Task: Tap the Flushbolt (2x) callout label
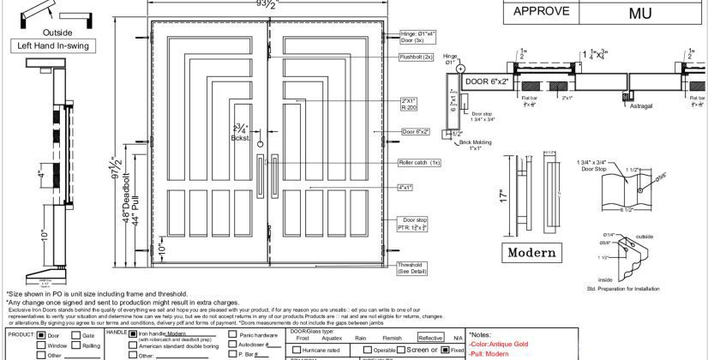416,57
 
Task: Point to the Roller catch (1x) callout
418,163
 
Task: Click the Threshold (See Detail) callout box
414,268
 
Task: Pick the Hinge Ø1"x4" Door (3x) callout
417,37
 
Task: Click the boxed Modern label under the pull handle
531,253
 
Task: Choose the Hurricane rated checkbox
297,350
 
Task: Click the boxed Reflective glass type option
430,339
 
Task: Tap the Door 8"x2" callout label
416,132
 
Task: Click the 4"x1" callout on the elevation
408,186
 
